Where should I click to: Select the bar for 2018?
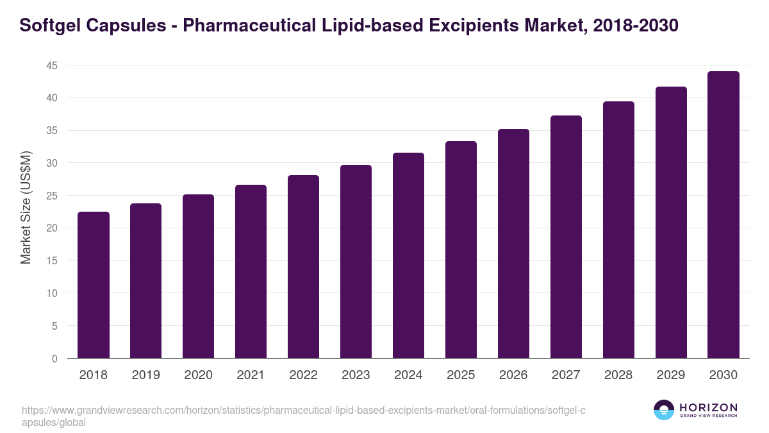pyautogui.click(x=94, y=285)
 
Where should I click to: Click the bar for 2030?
pyautogui.click(x=724, y=215)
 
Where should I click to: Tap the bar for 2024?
pyautogui.click(x=408, y=255)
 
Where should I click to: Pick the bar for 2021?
pyautogui.click(x=251, y=271)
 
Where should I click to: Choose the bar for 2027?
pyautogui.click(x=566, y=237)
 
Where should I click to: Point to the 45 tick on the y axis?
pyautogui.click(x=52, y=65)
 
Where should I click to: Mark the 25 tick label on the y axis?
pyautogui.click(x=52, y=196)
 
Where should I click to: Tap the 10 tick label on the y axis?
pyautogui.click(x=52, y=293)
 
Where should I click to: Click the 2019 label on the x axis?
pyautogui.click(x=145, y=375)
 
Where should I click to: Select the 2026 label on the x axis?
pyautogui.click(x=513, y=375)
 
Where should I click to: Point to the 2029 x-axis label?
pyautogui.click(x=671, y=375)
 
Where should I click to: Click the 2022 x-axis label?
pyautogui.click(x=303, y=375)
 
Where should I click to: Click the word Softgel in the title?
pyautogui.click(x=47, y=26)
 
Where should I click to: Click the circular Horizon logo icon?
pyautogui.click(x=663, y=410)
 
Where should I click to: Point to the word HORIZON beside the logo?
pyautogui.click(x=708, y=407)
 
